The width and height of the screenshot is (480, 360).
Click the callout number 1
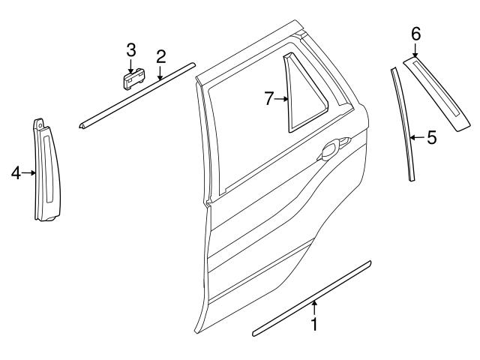[x=315, y=325]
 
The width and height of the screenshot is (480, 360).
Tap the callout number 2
[x=160, y=56]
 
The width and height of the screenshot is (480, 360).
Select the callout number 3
[x=130, y=50]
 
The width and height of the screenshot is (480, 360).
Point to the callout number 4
[x=16, y=173]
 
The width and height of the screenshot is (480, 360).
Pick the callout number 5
[x=431, y=137]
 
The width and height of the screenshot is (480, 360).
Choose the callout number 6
[x=415, y=33]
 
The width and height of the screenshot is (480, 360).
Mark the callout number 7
[x=269, y=98]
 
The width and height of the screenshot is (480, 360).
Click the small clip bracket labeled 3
[x=133, y=78]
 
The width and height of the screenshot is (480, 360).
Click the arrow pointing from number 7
[x=282, y=98]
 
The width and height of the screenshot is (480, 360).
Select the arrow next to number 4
[x=29, y=173]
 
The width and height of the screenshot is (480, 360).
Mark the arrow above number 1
[x=315, y=307]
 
